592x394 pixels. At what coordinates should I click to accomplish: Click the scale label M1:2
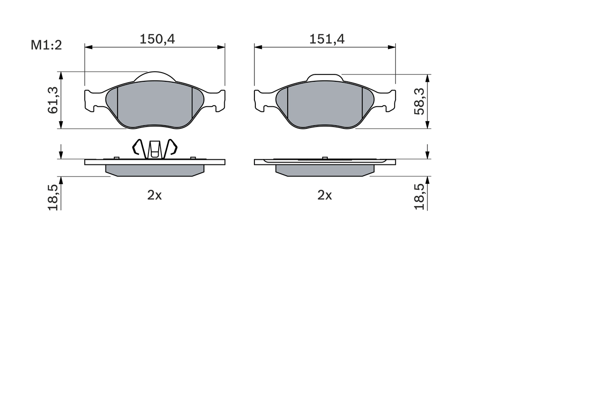click(46, 45)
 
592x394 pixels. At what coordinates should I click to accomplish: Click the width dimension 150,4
click(157, 39)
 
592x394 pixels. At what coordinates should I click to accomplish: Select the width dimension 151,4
click(327, 39)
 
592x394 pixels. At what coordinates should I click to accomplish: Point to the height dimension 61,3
click(53, 100)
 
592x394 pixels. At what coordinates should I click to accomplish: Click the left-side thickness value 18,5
click(53, 197)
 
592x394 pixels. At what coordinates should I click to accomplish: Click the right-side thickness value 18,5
click(419, 197)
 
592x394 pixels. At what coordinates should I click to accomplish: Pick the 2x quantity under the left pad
click(154, 195)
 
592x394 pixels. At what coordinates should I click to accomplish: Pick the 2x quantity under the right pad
click(325, 195)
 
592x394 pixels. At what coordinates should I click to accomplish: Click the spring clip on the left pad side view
click(155, 149)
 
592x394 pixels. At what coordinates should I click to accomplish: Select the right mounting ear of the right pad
click(388, 100)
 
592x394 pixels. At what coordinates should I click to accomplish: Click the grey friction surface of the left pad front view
click(155, 105)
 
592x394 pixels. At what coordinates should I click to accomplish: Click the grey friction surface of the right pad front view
click(325, 105)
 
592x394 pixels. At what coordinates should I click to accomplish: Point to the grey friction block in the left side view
click(155, 170)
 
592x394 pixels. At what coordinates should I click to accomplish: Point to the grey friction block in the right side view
click(325, 170)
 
